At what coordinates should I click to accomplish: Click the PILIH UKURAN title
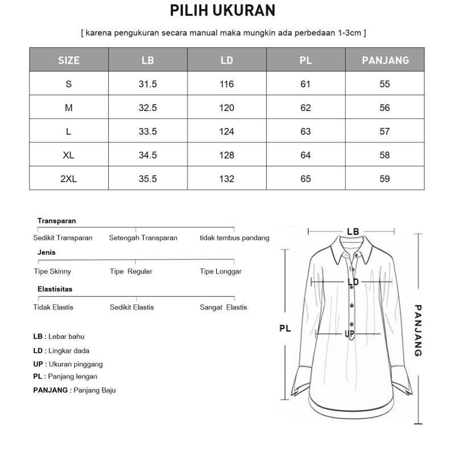[x=222, y=11]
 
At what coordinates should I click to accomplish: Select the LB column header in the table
[x=147, y=60]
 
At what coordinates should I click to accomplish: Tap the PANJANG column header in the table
[x=385, y=60]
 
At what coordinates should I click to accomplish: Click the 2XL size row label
[x=68, y=179]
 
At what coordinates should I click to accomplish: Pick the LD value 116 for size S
[x=226, y=84]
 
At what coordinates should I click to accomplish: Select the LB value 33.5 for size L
[x=147, y=131]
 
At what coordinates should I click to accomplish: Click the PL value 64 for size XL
[x=305, y=155]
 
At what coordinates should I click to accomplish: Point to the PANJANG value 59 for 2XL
[x=385, y=179]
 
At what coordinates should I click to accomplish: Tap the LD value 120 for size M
[x=226, y=107]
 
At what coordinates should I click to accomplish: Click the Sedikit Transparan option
[x=63, y=238]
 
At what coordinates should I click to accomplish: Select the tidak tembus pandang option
[x=234, y=238]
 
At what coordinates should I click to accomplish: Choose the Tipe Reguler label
[x=131, y=271]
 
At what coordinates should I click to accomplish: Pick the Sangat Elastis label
[x=223, y=307]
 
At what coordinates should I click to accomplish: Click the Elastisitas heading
[x=55, y=289]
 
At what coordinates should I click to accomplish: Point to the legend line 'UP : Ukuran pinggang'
[x=68, y=364]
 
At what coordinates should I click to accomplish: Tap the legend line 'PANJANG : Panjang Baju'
[x=75, y=390]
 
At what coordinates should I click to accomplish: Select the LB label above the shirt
[x=353, y=231]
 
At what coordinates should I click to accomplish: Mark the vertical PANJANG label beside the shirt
[x=418, y=330]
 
